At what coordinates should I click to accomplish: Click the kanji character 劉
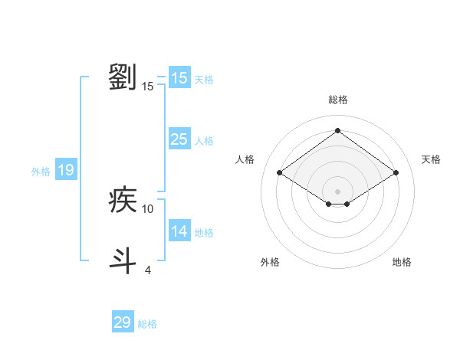(123, 77)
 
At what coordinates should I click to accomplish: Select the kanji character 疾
(123, 200)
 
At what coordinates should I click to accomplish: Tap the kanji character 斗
(123, 260)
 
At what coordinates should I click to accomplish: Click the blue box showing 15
(179, 78)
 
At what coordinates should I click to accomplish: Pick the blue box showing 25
(179, 139)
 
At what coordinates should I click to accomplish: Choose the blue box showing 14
(179, 231)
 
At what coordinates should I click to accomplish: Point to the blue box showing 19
(65, 170)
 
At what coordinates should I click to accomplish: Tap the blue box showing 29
(123, 322)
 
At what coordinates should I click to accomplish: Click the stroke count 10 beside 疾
(148, 208)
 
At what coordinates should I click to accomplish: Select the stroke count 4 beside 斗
(148, 270)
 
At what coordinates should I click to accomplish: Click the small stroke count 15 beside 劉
(148, 86)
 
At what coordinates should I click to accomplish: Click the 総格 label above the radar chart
(337, 100)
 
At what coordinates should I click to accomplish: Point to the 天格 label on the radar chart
(431, 159)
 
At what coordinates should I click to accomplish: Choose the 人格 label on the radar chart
(245, 159)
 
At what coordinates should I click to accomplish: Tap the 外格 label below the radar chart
(270, 262)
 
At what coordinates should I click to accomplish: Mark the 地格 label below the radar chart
(402, 262)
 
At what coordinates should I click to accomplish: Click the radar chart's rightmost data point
(396, 172)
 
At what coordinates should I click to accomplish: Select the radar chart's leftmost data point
(280, 172)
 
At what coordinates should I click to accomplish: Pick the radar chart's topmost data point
(337, 130)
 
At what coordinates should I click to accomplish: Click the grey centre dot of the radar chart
(337, 191)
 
